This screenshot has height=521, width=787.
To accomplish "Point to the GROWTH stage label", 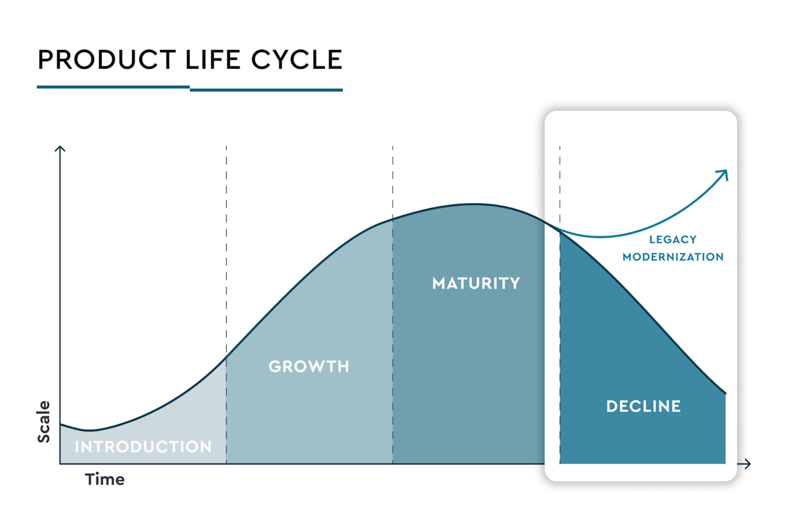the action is [x=309, y=366].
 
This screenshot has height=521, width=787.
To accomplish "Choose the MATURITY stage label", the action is [x=476, y=283].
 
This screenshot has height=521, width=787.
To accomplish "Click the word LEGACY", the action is [x=673, y=239].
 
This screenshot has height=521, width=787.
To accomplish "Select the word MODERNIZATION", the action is [x=673, y=257].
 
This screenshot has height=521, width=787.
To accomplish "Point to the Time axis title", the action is [x=105, y=479].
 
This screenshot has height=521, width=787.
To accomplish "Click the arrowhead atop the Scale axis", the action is [x=60, y=148].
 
